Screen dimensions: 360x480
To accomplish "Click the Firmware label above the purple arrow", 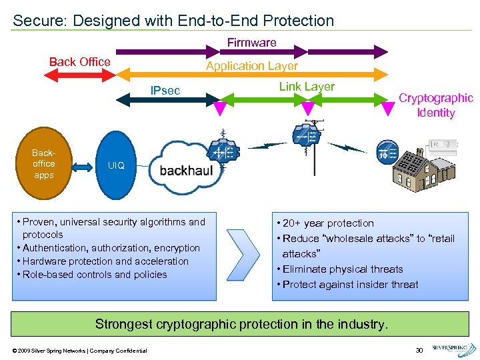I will [x=251, y=43].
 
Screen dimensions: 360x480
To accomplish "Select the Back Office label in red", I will [x=80, y=62].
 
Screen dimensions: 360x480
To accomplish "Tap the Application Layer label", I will [x=251, y=66].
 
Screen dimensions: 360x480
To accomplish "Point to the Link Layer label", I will [x=307, y=87].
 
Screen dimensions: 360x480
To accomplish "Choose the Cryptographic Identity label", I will [x=435, y=105].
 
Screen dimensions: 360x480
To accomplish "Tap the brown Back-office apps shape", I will [x=44, y=164].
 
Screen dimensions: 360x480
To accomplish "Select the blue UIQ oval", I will [x=117, y=165].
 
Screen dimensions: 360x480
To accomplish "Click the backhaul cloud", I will [x=183, y=169].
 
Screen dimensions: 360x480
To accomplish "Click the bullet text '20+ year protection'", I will [x=328, y=223].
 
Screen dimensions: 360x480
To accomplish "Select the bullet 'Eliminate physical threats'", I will [x=343, y=269].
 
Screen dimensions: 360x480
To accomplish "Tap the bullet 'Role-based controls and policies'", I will [x=95, y=275].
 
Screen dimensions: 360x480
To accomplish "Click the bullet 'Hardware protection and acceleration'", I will [x=105, y=261].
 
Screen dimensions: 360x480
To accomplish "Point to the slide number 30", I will [x=419, y=350].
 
